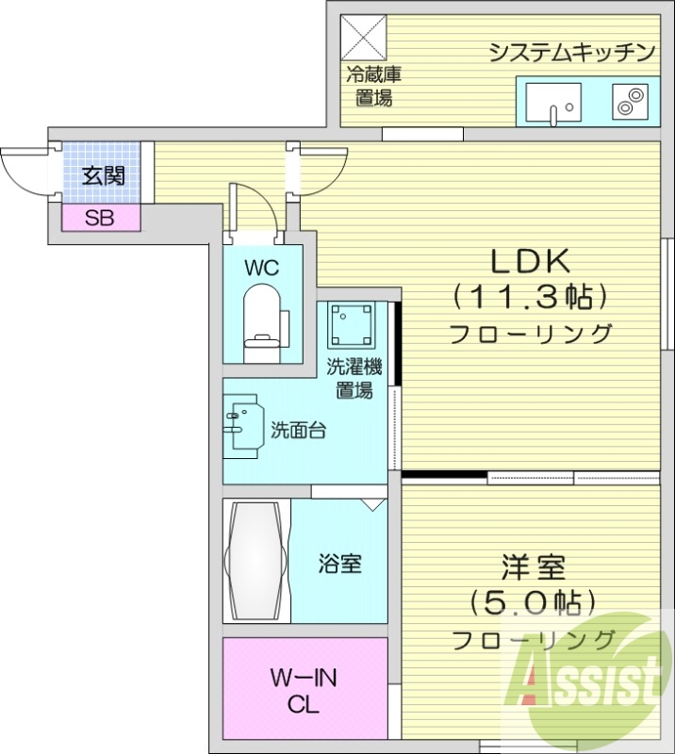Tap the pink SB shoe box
100,219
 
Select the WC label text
262,267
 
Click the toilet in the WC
263,320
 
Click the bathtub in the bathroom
255,560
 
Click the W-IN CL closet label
305,691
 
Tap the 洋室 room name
532,568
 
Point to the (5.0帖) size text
533,601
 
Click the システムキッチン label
571,52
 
